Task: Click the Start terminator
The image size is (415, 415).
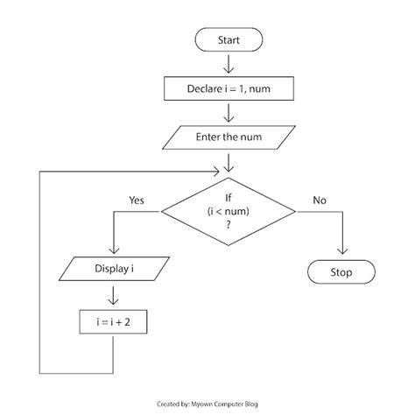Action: (x=228, y=39)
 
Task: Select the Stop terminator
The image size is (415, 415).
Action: (x=341, y=272)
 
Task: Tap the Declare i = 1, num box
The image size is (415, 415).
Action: (x=228, y=88)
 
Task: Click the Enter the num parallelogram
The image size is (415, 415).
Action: (x=228, y=137)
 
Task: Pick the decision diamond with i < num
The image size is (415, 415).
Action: (x=228, y=210)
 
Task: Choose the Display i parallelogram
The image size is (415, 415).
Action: (x=115, y=266)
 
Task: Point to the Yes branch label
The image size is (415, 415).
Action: (x=137, y=200)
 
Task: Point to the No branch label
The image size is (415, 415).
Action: (x=320, y=200)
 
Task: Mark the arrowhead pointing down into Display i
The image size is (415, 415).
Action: (x=115, y=249)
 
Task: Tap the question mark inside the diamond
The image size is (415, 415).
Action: (x=228, y=224)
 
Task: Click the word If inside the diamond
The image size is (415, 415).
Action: (x=228, y=197)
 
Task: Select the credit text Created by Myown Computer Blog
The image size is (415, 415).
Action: (x=207, y=405)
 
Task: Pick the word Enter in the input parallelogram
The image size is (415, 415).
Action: (x=207, y=137)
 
